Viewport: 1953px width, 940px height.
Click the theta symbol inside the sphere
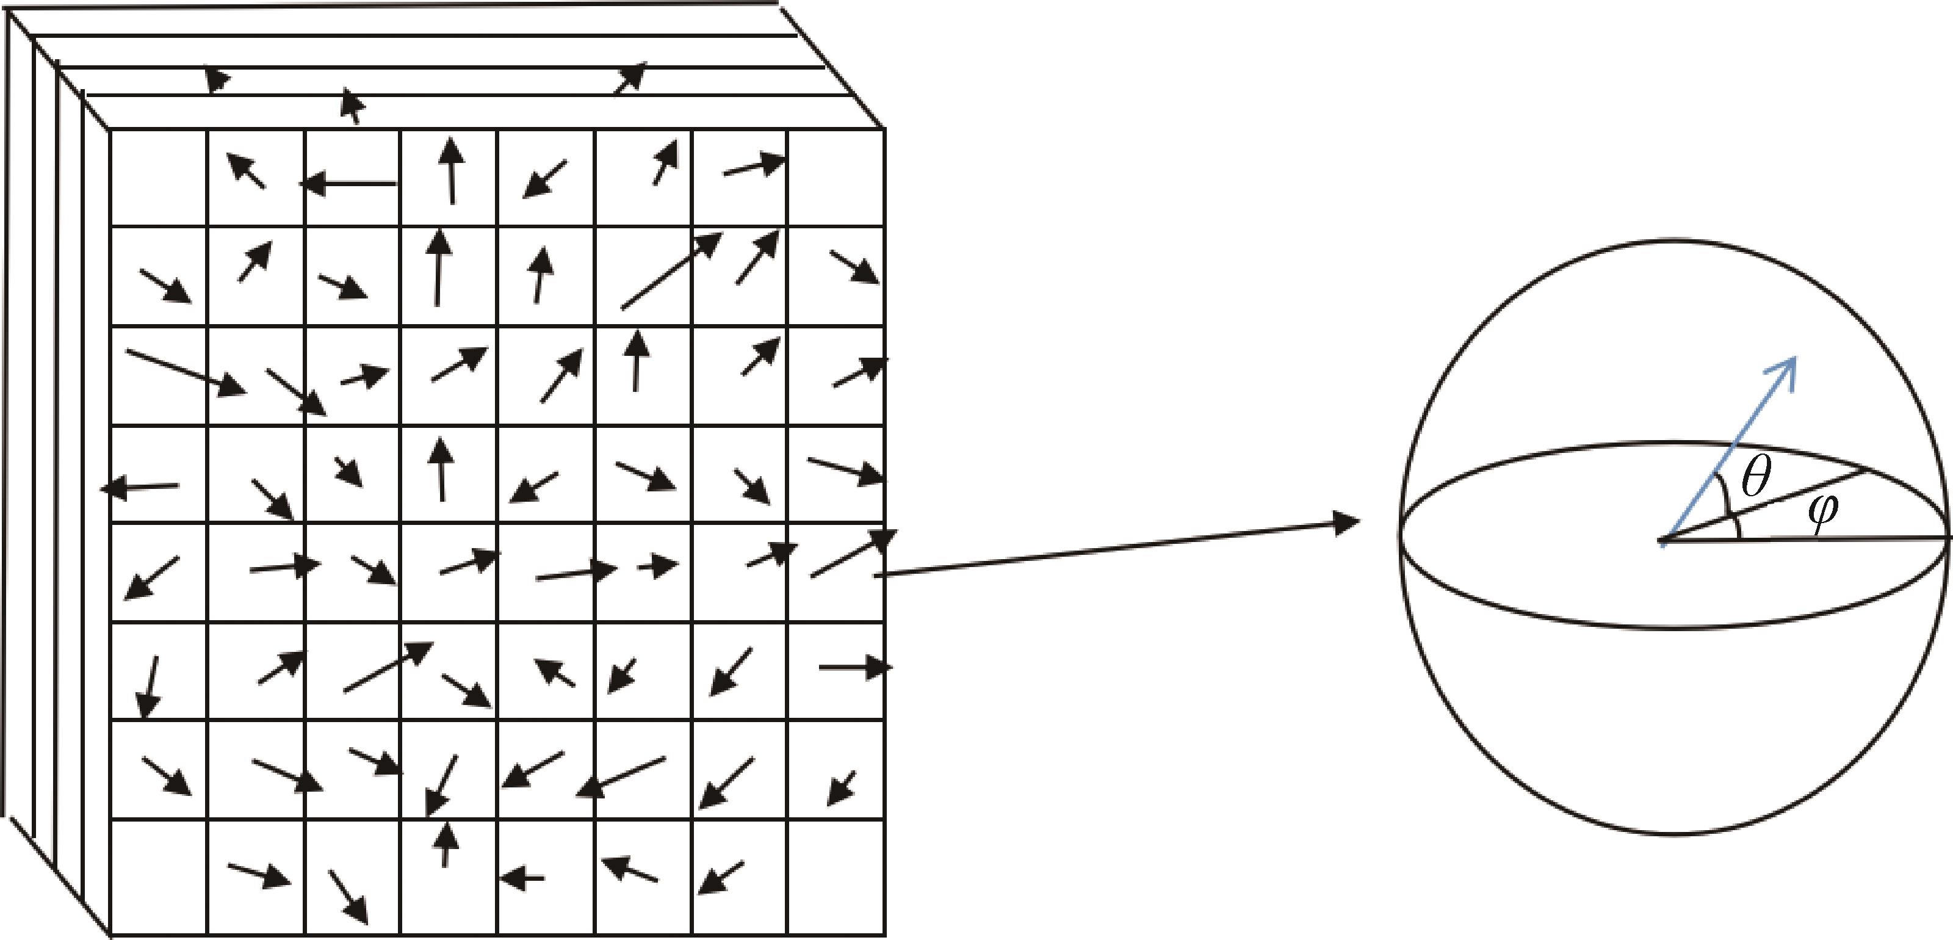1755,477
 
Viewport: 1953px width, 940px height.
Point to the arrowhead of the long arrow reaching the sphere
1346,521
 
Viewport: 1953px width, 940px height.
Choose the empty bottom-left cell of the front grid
159,877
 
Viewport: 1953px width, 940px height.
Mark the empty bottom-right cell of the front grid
836,877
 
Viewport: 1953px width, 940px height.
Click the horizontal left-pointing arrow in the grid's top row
348,184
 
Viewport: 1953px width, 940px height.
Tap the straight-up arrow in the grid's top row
451,170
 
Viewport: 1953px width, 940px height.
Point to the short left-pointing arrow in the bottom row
522,878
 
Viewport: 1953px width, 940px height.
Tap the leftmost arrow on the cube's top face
217,79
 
